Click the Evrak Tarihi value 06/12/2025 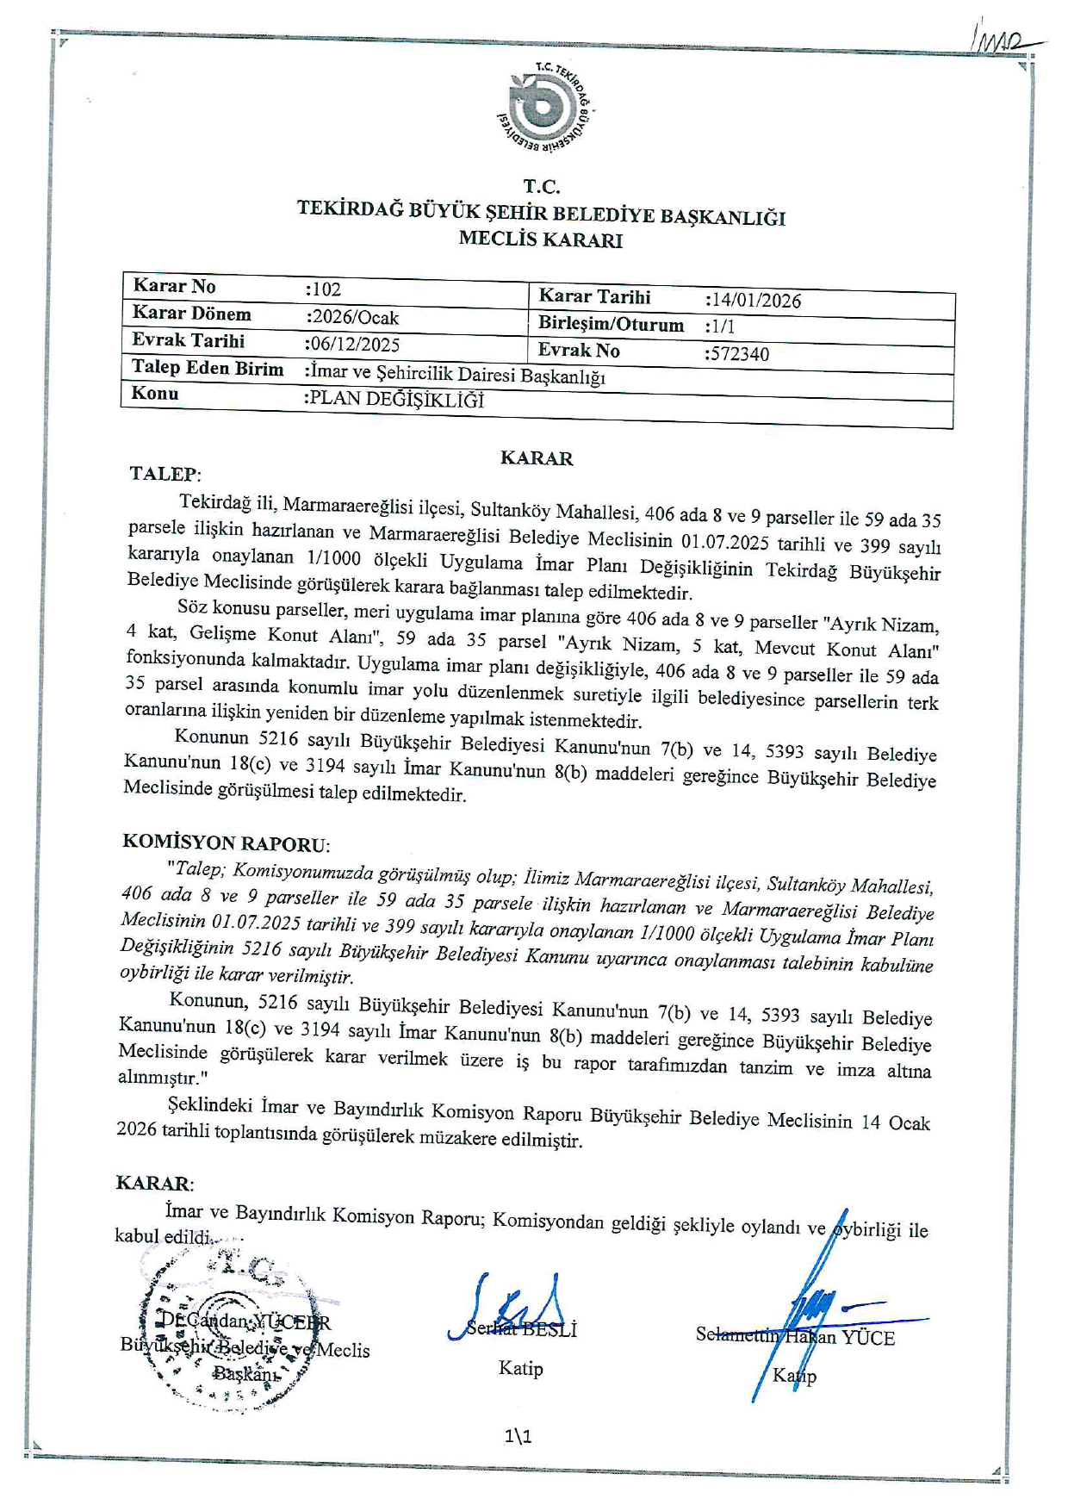[354, 345]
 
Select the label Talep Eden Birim [207, 369]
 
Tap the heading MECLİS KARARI [540, 240]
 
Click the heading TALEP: [165, 474]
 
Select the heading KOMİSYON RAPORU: [226, 843]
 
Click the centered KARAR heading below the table [537, 458]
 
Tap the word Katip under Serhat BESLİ [520, 1368]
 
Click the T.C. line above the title [541, 187]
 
